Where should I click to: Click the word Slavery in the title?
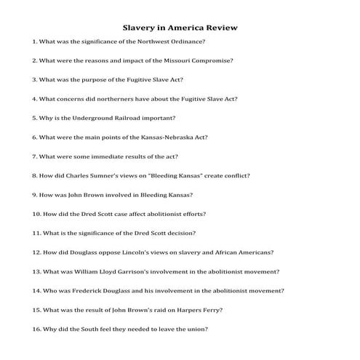point(140,28)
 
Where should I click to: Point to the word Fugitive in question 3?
point(121,80)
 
